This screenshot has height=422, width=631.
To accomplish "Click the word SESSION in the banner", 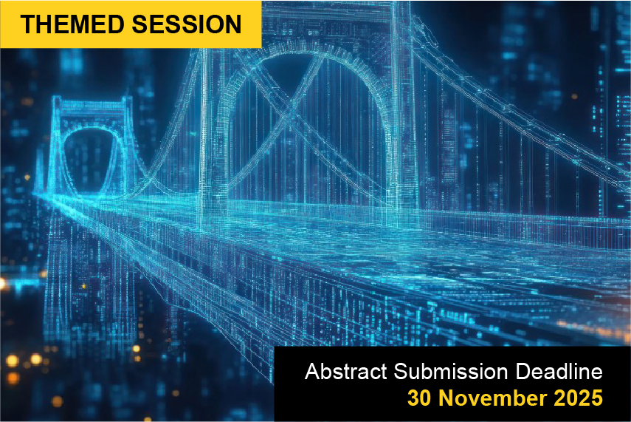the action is tap(187, 24).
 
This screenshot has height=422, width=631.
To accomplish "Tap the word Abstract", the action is tap(346, 371).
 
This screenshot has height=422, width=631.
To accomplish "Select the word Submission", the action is tap(451, 371).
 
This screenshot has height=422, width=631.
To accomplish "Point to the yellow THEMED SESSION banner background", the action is tap(131, 24).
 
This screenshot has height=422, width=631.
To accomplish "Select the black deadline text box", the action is tap(452, 384).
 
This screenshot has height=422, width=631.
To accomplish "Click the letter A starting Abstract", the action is tap(312, 371).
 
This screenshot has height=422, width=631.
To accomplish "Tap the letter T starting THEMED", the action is tap(29, 24).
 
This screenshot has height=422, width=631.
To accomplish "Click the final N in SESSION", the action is tap(233, 24).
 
